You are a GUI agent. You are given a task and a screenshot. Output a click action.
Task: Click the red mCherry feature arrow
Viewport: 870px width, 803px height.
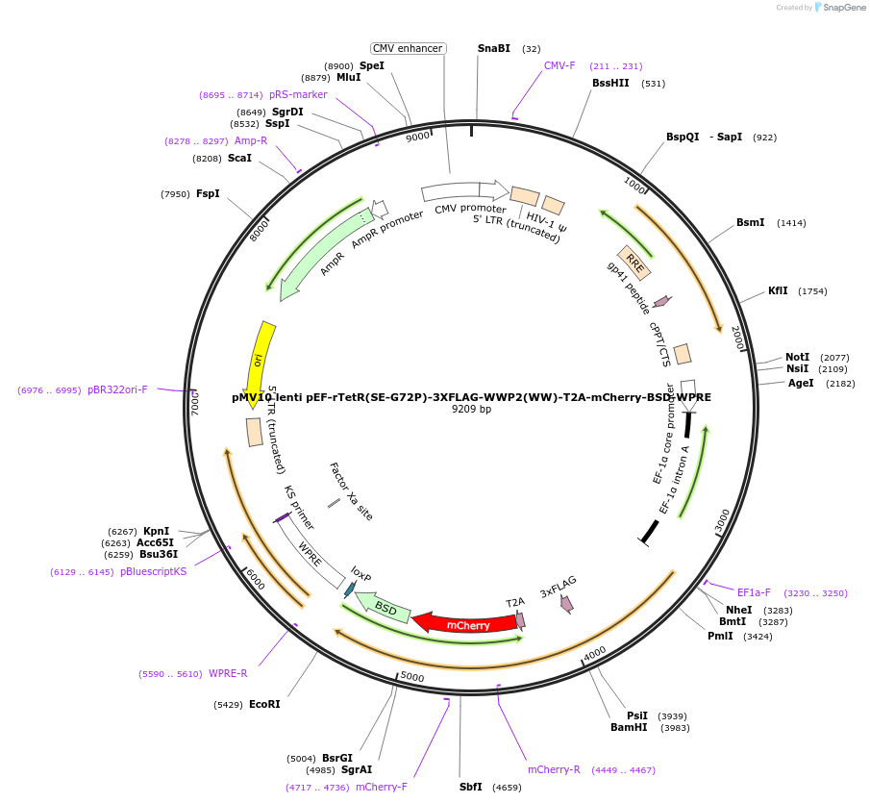tap(465, 623)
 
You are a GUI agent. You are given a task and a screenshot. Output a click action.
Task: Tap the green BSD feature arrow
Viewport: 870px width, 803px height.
tap(384, 608)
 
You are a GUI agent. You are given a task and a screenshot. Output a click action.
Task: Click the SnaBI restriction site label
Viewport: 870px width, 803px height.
tap(494, 48)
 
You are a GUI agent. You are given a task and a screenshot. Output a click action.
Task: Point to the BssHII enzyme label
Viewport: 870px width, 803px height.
tap(610, 83)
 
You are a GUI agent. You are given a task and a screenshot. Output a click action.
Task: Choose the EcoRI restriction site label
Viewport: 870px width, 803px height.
tap(264, 704)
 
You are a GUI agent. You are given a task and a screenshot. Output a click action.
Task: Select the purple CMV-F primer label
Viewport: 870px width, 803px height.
tap(559, 65)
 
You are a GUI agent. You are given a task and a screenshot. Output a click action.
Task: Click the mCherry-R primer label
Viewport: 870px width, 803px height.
tap(554, 769)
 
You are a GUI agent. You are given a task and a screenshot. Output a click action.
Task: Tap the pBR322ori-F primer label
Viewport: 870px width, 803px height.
tap(117, 389)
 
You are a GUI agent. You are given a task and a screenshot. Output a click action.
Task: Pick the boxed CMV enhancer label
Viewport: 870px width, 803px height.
tap(408, 48)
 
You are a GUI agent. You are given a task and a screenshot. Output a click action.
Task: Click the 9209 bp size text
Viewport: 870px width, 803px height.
tap(471, 409)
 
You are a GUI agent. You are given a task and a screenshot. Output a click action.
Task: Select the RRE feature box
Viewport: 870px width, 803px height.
tap(635, 261)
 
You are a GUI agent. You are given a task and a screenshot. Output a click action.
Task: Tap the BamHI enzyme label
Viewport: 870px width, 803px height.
tap(629, 727)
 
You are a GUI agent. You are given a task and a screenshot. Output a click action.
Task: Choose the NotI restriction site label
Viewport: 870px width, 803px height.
tap(797, 357)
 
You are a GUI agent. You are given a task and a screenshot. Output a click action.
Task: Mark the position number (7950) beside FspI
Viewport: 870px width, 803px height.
tap(175, 194)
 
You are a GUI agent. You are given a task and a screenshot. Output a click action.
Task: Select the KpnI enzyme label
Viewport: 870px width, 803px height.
tap(156, 531)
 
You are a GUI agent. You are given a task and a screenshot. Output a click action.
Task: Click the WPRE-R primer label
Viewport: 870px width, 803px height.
tap(228, 673)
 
